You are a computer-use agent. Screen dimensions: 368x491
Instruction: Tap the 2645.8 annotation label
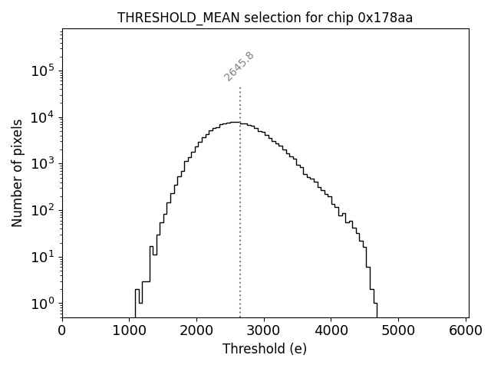click(x=239, y=66)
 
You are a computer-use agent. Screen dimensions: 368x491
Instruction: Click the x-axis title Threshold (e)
click(x=265, y=349)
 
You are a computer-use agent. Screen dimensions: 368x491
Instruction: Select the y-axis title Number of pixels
click(x=17, y=173)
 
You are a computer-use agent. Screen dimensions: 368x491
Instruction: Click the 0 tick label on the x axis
click(x=62, y=330)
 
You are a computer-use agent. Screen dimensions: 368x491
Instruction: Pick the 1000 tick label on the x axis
click(x=130, y=330)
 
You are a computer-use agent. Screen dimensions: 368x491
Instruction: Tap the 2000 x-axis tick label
click(x=196, y=330)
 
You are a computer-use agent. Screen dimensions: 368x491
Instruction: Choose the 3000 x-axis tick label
click(x=264, y=330)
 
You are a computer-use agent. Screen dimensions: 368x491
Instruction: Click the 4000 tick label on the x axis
click(x=331, y=330)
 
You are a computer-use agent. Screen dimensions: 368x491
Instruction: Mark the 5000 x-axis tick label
click(x=398, y=330)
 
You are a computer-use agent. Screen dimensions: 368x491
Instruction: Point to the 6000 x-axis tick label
click(x=466, y=330)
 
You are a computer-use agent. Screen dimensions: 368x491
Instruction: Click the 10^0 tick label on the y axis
click(x=43, y=303)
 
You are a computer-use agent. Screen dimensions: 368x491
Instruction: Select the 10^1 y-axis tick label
click(x=43, y=256)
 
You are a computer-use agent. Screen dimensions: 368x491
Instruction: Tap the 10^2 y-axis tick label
click(x=43, y=210)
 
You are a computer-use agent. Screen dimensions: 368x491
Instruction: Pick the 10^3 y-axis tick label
click(x=43, y=163)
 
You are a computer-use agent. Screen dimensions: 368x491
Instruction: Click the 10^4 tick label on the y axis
click(x=43, y=117)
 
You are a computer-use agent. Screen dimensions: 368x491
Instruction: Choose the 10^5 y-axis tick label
click(x=43, y=71)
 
